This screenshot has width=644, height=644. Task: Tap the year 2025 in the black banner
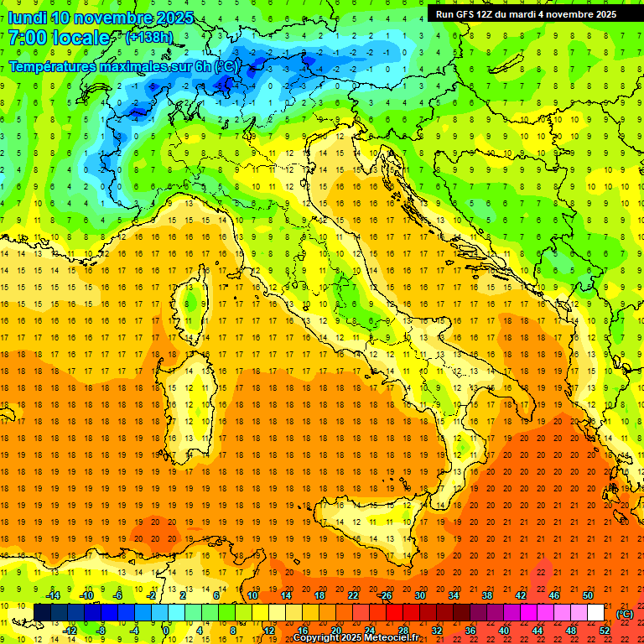coord(601,14)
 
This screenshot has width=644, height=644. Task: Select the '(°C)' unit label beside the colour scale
coord(625,614)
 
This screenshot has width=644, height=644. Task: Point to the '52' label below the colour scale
coord(605,631)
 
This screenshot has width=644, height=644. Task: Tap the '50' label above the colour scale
coord(588,595)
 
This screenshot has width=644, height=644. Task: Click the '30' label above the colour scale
coord(419,595)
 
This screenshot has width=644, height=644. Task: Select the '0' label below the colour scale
coord(167,631)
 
